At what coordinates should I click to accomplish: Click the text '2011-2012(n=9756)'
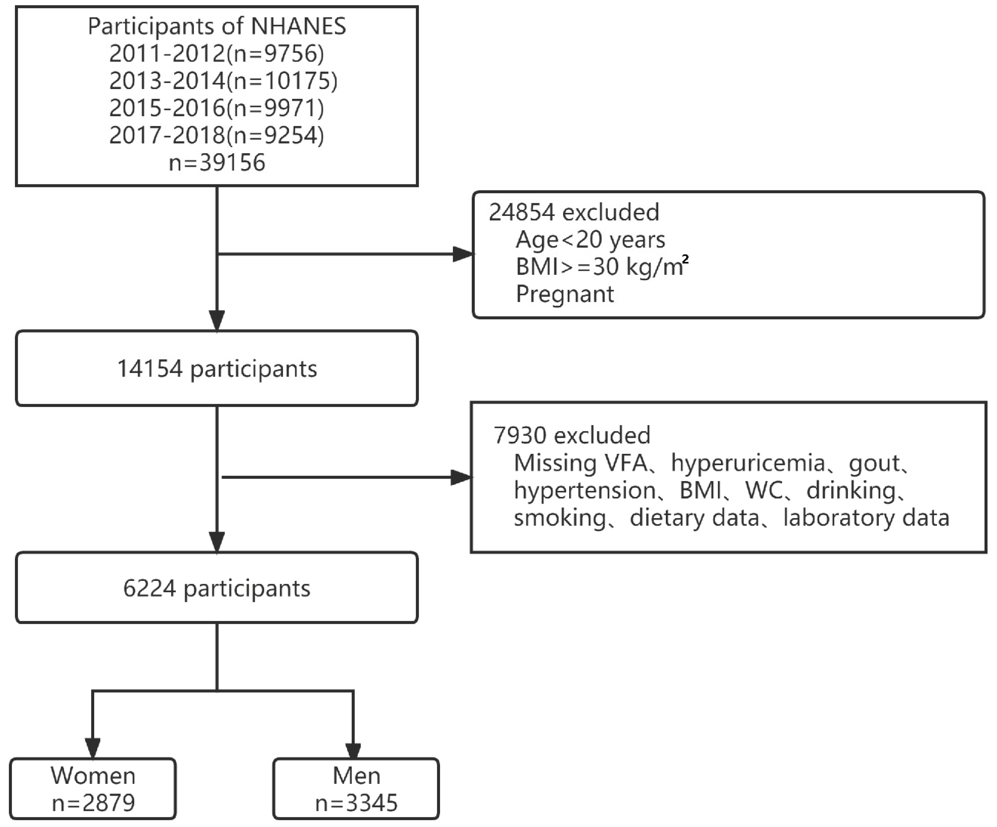coord(216,53)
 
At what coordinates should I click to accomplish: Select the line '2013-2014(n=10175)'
coord(223,81)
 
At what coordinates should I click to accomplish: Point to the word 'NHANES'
coord(298,26)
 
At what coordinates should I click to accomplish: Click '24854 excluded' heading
coord(574,212)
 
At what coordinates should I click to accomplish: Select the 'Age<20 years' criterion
coord(590,240)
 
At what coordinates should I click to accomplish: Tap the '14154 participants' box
coord(216,368)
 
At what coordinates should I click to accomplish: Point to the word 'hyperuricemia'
coord(748,463)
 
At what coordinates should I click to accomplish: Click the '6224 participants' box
coord(216,588)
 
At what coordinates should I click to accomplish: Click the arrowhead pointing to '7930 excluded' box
coord(461,478)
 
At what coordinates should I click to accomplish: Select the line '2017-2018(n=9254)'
coord(216,135)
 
